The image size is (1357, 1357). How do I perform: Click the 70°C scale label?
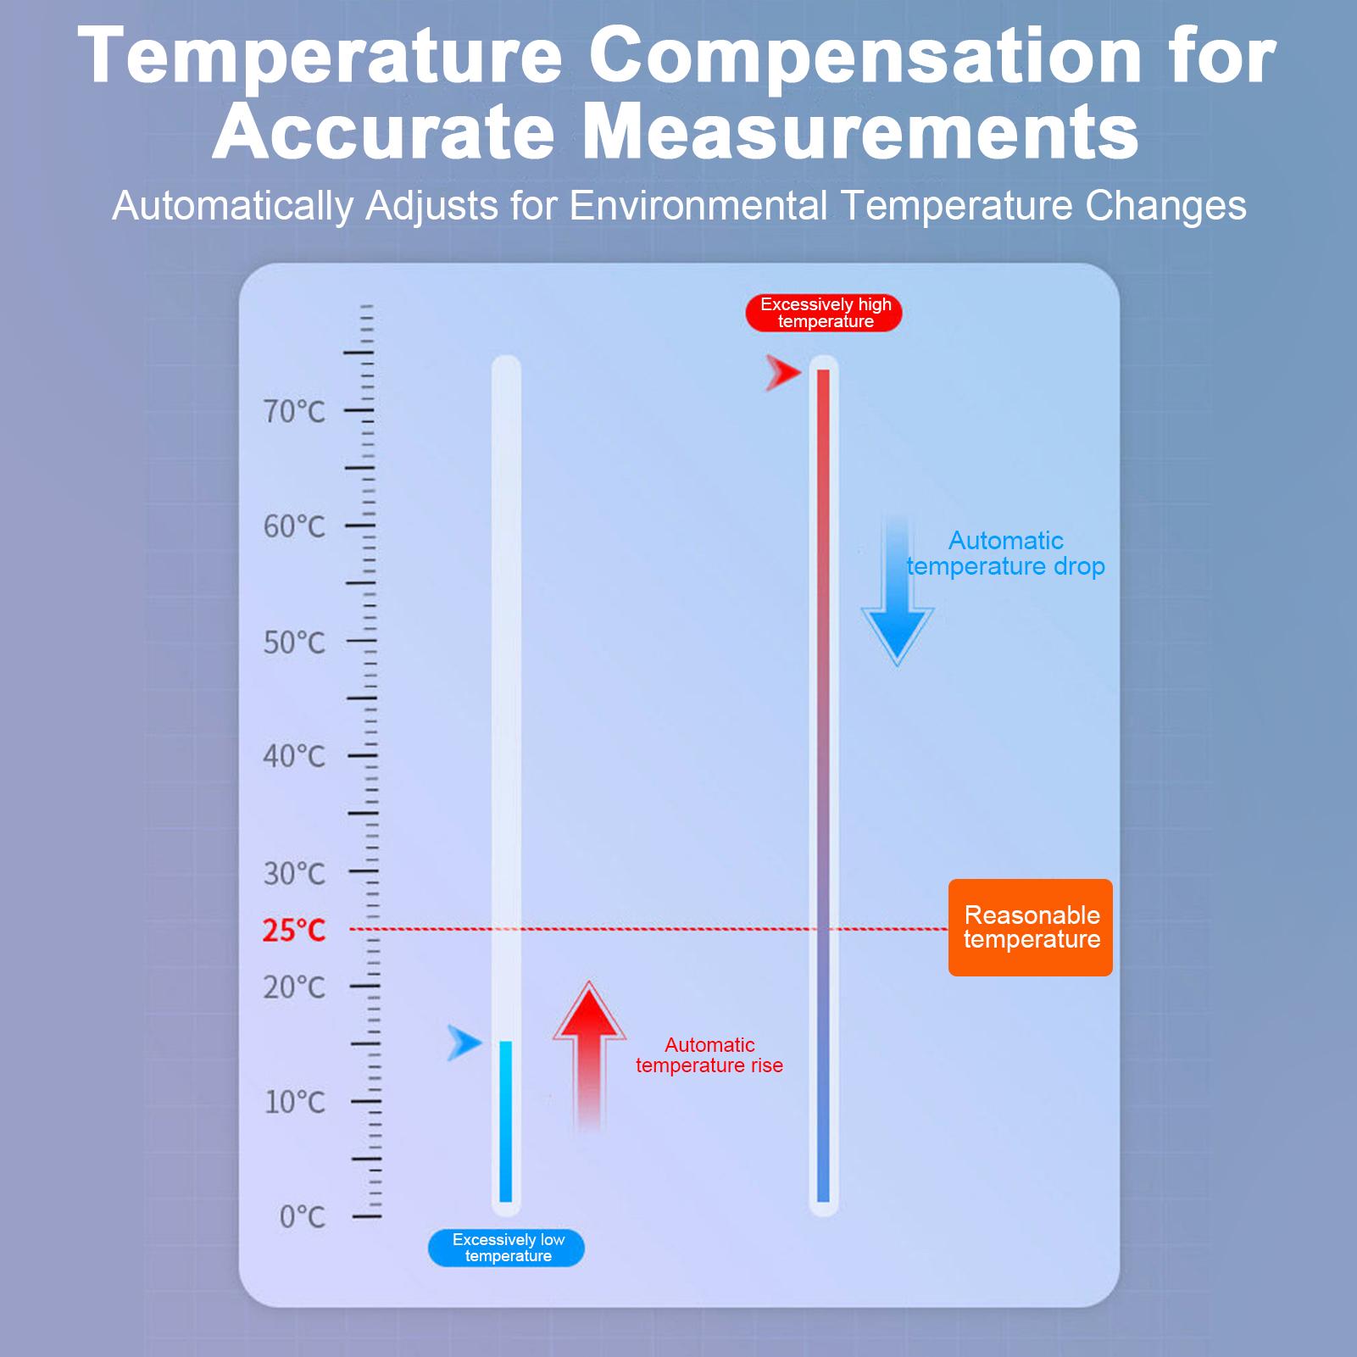click(294, 412)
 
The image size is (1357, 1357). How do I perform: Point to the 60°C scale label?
click(294, 527)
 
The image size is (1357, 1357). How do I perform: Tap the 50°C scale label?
click(294, 643)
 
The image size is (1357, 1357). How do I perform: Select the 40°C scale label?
click(294, 756)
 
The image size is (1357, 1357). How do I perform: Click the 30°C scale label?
click(294, 873)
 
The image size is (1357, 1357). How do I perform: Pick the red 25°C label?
click(294, 931)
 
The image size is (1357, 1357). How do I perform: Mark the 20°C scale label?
click(294, 987)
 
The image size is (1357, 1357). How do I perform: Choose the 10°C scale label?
click(294, 1103)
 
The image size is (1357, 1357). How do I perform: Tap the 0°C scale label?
click(303, 1217)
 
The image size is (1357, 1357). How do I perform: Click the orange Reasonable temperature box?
click(1030, 927)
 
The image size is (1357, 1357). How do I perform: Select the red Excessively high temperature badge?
click(825, 313)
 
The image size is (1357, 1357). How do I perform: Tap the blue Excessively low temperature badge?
click(507, 1248)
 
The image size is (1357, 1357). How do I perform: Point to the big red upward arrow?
click(589, 1051)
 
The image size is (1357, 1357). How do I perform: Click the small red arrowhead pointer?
click(781, 372)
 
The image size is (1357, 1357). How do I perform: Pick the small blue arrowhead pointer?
click(464, 1043)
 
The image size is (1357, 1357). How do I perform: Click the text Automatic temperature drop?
click(1005, 553)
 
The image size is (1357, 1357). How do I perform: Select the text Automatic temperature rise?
click(709, 1055)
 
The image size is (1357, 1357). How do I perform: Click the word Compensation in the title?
click(865, 56)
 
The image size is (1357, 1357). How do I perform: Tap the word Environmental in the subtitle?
click(698, 206)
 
